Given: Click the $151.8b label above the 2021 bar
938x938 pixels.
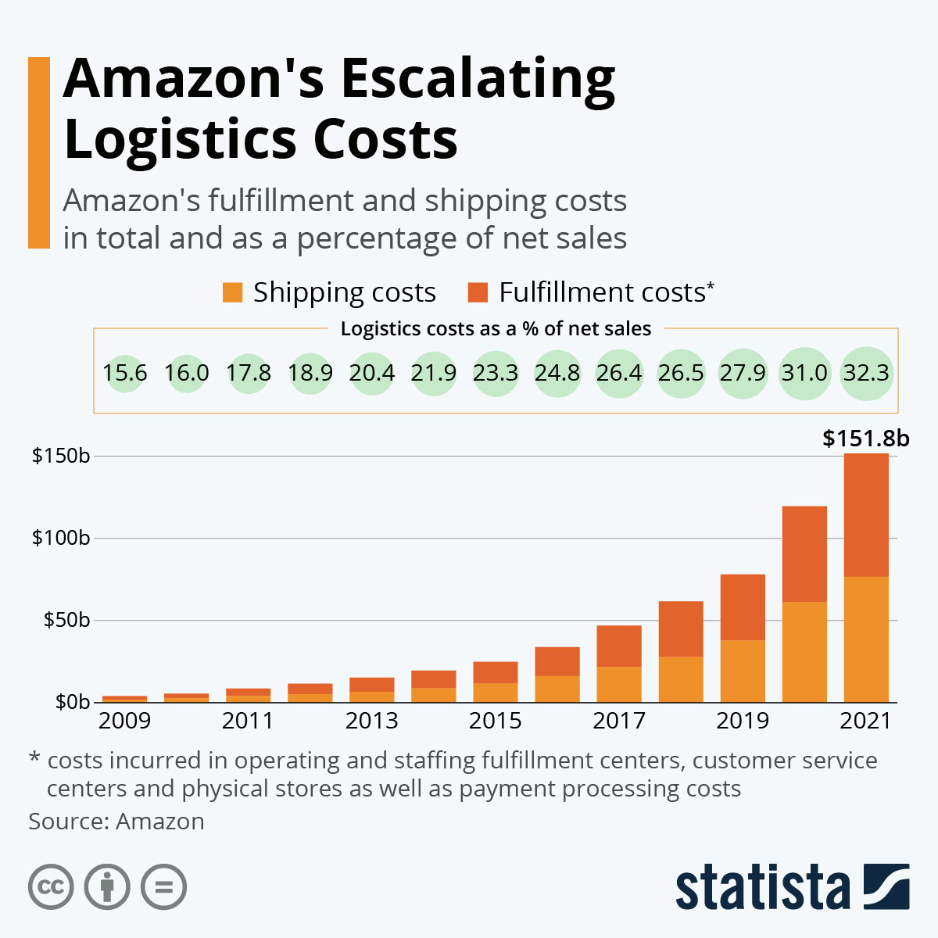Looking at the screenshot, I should tap(865, 439).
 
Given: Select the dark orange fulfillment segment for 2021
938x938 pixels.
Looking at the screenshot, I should tap(866, 515).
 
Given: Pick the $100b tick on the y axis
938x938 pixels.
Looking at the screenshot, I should tap(61, 538).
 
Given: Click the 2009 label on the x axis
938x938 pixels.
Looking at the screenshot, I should tap(124, 720).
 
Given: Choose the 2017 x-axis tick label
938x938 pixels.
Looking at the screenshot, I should tap(619, 720).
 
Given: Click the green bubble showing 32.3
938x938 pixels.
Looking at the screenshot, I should tap(866, 373).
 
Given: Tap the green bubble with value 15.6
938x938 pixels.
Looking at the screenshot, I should tap(125, 373).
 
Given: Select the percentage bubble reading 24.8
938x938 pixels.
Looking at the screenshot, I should tap(557, 373).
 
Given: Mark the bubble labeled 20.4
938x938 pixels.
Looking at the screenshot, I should tap(372, 373).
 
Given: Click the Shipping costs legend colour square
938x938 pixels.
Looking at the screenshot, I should tap(233, 292).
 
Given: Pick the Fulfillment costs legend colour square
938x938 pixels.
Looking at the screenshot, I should tap(478, 292).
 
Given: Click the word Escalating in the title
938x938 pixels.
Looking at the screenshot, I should tap(478, 80).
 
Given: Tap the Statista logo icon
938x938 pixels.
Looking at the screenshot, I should tap(886, 886).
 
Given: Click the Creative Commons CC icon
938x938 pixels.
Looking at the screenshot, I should tap(51, 887).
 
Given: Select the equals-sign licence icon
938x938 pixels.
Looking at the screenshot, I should tap(164, 887).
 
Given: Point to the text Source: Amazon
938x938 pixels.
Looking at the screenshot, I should tap(116, 822).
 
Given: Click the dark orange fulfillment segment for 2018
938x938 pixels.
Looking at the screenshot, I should tap(681, 628).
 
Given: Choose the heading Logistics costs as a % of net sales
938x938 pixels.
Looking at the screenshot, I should tap(496, 329).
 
